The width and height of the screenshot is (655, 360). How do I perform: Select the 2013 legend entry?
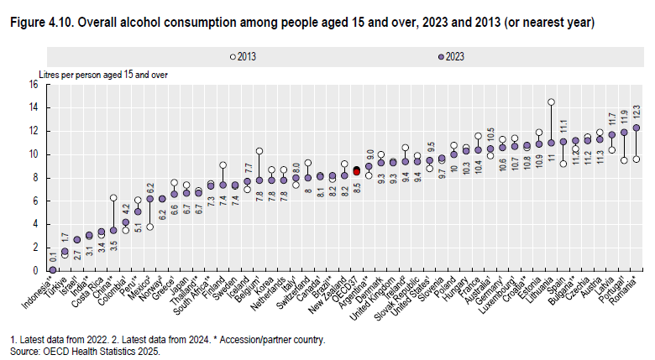click(244, 56)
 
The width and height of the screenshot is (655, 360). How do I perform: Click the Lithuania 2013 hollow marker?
click(551, 102)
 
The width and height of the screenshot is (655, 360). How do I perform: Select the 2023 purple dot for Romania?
click(637, 128)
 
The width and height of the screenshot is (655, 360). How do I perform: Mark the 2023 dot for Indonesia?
click(52, 269)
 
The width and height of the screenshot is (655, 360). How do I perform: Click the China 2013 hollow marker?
click(113, 197)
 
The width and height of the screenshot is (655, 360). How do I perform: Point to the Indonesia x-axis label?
click(39, 290)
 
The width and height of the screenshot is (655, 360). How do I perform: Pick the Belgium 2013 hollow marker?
click(259, 151)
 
